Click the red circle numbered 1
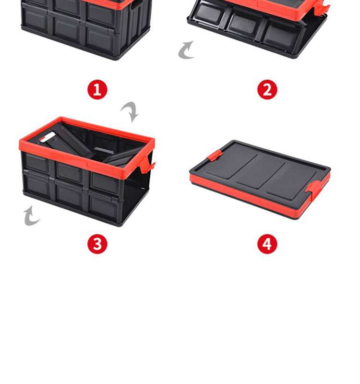pyautogui.click(x=97, y=90)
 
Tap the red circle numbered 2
pyautogui.click(x=267, y=90)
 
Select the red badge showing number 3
pyautogui.click(x=97, y=244)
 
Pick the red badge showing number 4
pyautogui.click(x=267, y=244)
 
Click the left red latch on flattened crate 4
pyautogui.click(x=215, y=155)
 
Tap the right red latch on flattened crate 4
pyautogui.click(x=314, y=189)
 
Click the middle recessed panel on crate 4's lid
pyautogui.click(x=260, y=172)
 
